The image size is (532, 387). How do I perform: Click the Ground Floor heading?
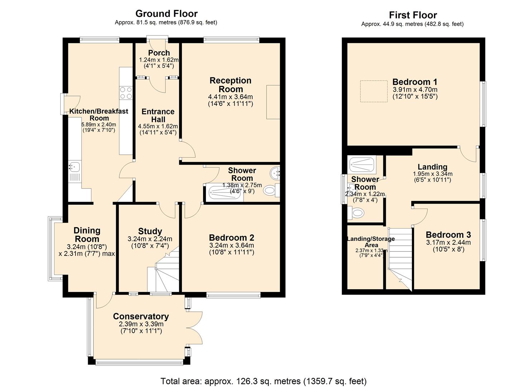[x=166, y=14]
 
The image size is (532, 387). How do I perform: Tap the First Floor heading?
[x=413, y=15]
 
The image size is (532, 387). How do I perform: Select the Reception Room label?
[x=230, y=85]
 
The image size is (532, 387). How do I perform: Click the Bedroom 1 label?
[x=414, y=82]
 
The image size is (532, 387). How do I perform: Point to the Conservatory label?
[x=141, y=316]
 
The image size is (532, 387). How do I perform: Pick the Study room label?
[x=150, y=231]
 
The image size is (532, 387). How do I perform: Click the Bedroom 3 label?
[x=448, y=235]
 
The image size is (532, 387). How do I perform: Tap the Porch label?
[x=159, y=53]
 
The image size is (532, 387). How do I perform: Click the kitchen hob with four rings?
[x=126, y=93]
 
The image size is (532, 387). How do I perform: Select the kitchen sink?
[x=75, y=167]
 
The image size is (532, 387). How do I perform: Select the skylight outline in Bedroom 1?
[x=374, y=91]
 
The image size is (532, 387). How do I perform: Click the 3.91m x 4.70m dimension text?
[x=415, y=90]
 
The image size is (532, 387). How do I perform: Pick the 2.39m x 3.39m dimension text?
[x=141, y=324]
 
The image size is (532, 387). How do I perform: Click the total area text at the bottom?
[x=263, y=381]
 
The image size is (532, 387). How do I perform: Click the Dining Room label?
[x=87, y=235]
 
